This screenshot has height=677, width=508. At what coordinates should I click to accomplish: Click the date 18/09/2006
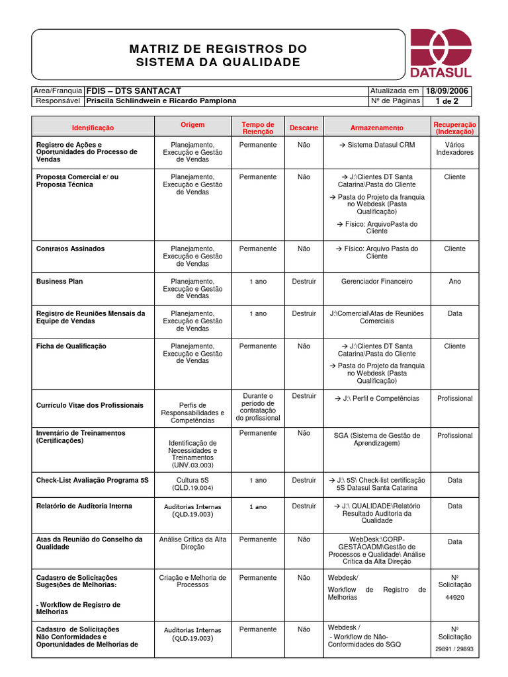[448, 91]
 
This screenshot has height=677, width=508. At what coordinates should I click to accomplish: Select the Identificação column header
[93, 128]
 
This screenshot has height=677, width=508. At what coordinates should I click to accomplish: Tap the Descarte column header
[304, 128]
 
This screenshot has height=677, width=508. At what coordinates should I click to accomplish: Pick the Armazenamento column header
[377, 128]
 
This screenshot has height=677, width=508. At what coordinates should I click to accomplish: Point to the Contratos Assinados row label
[70, 249]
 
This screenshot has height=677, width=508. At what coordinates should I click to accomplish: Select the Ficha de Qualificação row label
[71, 346]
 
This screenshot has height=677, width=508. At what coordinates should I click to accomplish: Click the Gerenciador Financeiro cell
[377, 281]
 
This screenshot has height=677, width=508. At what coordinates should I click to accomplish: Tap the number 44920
[454, 597]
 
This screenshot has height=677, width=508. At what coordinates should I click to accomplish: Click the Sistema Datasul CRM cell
[377, 145]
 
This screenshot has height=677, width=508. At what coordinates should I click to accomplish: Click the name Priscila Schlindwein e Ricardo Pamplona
[161, 101]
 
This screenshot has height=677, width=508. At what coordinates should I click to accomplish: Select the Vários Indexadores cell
[454, 148]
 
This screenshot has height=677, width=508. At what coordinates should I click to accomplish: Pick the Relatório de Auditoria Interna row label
[84, 506]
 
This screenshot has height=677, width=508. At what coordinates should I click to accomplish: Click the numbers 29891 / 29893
[454, 649]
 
